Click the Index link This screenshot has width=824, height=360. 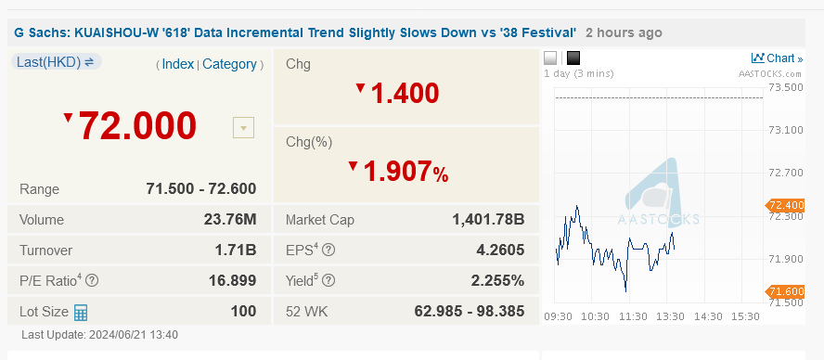[x=178, y=64]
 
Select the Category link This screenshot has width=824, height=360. [x=229, y=64]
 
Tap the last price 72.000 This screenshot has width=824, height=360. [x=137, y=125]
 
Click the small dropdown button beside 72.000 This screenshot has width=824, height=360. [x=243, y=128]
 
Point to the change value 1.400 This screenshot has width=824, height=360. [x=405, y=93]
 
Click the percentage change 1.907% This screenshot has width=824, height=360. [x=406, y=172]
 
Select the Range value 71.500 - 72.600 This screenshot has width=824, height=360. [x=200, y=189]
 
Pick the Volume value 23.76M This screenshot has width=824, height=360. [x=229, y=220]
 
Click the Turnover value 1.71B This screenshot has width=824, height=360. [x=236, y=251]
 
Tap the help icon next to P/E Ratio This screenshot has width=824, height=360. [x=92, y=281]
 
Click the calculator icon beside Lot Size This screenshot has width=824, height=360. [x=81, y=312]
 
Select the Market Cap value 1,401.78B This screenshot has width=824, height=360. [x=488, y=220]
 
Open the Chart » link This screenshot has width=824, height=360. [x=778, y=58]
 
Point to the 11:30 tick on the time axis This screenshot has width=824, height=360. [x=633, y=316]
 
